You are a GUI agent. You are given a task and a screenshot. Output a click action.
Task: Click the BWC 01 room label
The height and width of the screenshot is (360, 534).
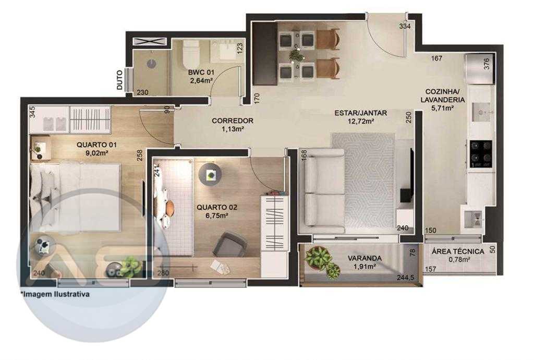201,73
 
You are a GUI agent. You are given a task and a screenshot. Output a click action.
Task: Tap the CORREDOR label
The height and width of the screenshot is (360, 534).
233,121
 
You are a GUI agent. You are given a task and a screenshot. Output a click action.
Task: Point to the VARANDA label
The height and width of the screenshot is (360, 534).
365,258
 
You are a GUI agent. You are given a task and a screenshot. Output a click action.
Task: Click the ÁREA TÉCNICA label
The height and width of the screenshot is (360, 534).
458,251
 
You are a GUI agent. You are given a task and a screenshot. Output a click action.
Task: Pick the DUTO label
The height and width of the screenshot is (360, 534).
119,80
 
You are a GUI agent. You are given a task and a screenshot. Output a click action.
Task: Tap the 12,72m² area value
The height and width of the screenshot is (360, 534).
361,121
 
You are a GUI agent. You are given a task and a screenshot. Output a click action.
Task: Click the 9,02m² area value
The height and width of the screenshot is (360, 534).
97,152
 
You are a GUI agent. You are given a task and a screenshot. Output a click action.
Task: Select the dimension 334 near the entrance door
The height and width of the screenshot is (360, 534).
405,26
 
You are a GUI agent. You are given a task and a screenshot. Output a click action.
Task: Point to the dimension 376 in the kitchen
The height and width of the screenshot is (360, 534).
487,64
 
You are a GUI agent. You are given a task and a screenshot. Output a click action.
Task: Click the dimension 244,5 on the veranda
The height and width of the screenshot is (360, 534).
405,278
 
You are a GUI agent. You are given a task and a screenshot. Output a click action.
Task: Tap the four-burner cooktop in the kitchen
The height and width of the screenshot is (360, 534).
480,154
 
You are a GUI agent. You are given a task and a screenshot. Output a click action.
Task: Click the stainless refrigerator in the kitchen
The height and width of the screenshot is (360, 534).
479,69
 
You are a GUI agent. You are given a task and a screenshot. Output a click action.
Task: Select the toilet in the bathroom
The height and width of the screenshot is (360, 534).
191,54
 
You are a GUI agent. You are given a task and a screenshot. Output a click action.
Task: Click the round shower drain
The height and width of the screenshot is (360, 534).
152,64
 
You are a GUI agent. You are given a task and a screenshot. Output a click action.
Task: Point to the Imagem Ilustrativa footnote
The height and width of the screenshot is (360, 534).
55,294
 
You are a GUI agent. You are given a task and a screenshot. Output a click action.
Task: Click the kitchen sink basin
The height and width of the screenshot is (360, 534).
481,111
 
